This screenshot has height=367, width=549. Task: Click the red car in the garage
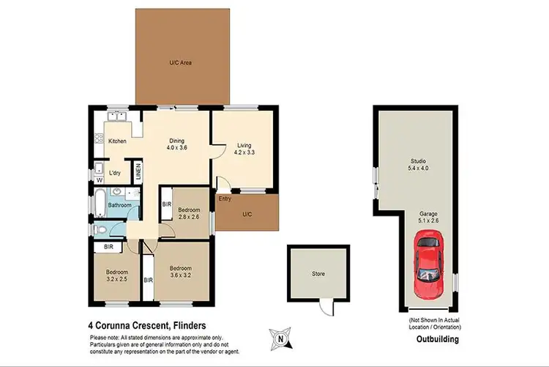tap(427, 264)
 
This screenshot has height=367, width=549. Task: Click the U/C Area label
tap(181, 64)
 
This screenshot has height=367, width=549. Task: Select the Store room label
tap(318, 274)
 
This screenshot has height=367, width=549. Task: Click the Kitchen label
tap(118, 141)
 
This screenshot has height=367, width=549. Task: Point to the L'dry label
tap(115, 173)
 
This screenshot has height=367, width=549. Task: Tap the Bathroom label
tap(120, 206)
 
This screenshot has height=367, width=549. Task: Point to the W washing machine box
tap(98, 179)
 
